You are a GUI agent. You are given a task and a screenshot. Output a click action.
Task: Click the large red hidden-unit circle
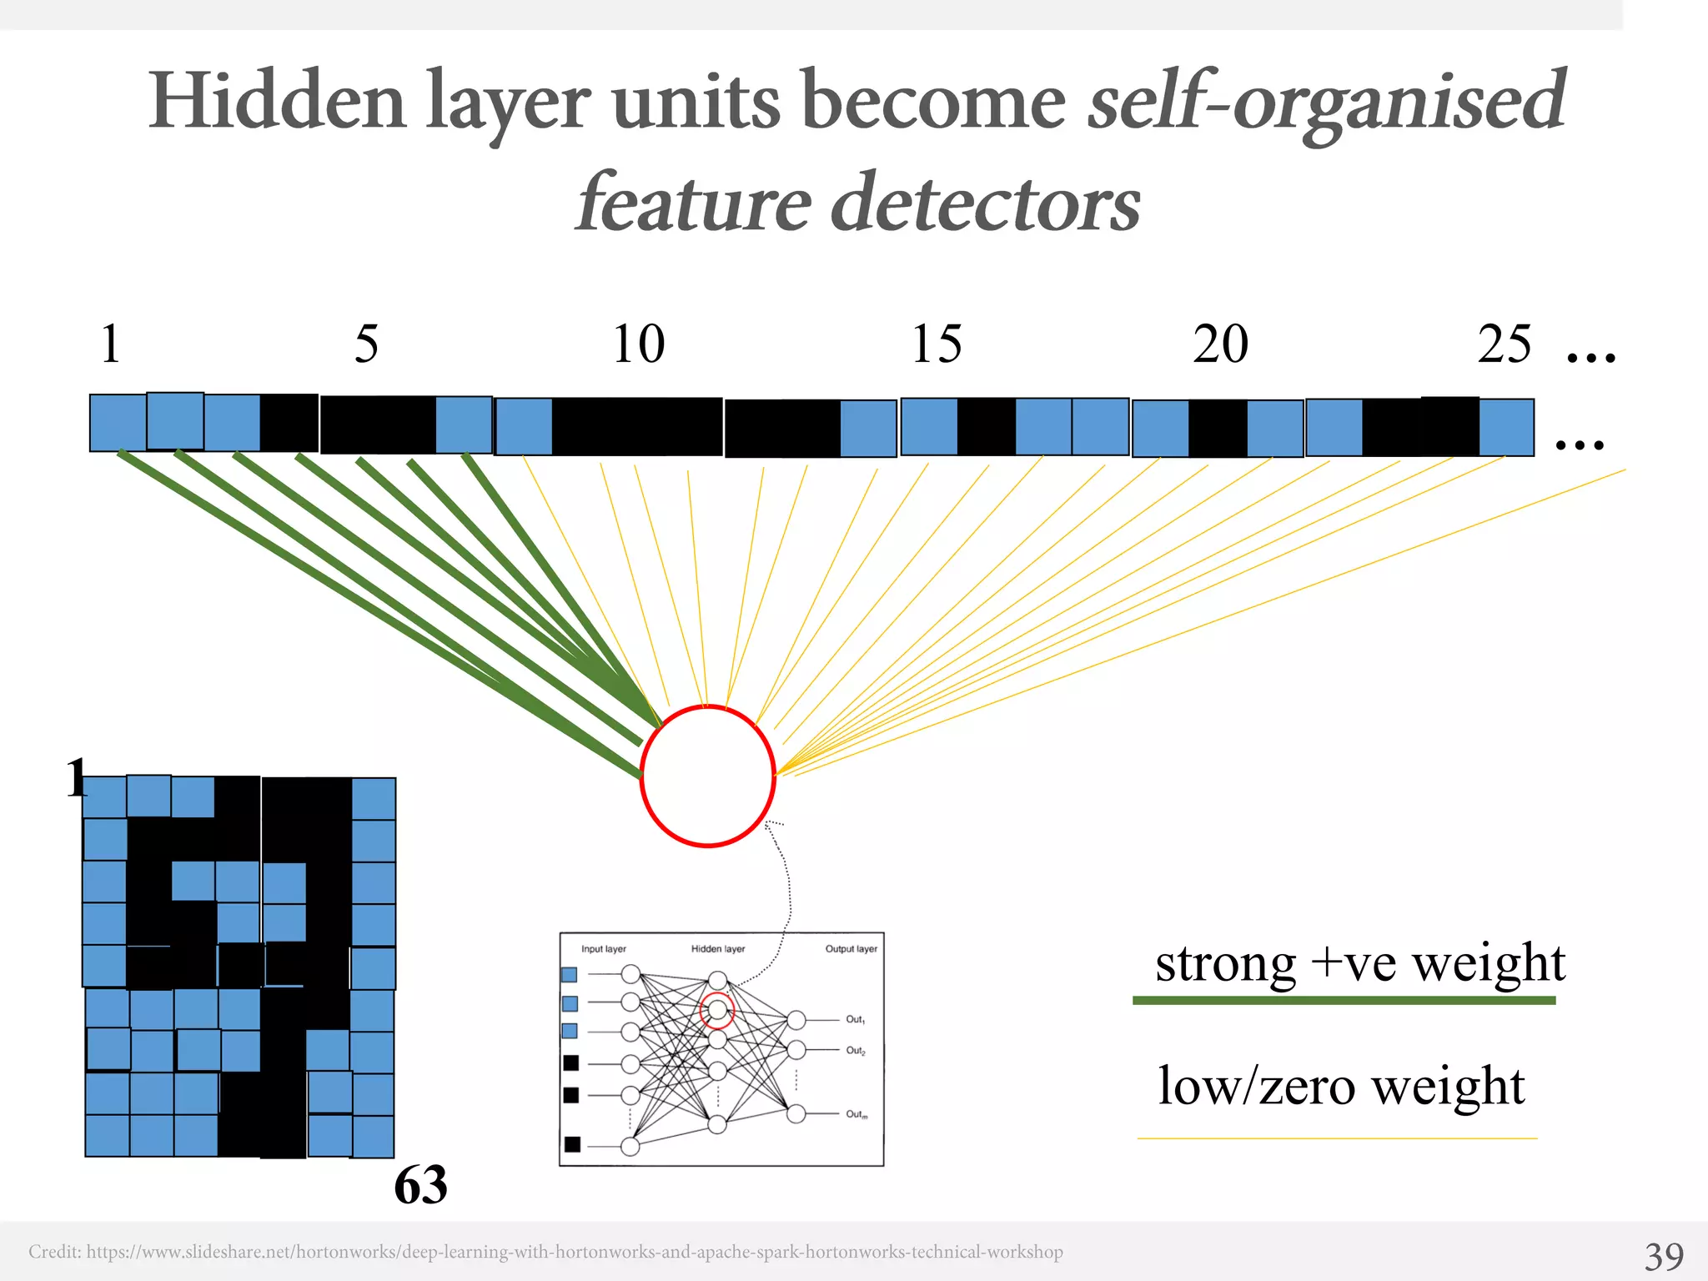(x=707, y=776)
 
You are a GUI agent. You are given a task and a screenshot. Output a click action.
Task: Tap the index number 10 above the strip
(x=639, y=344)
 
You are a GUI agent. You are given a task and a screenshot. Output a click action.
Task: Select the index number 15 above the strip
(x=937, y=344)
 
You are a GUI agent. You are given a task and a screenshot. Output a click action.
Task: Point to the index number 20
(x=1220, y=344)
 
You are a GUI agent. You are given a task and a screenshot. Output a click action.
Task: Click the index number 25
(x=1505, y=344)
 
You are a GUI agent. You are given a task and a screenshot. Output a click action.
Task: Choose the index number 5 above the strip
(x=366, y=344)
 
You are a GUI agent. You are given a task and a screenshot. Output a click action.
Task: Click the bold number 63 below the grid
(x=420, y=1184)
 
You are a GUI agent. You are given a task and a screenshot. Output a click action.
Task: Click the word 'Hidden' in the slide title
(x=277, y=102)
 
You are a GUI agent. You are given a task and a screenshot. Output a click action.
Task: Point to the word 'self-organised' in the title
(x=1326, y=102)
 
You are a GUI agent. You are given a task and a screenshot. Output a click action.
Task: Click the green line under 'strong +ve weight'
(x=1344, y=1000)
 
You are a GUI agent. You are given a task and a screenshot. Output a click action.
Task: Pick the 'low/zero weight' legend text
(x=1341, y=1086)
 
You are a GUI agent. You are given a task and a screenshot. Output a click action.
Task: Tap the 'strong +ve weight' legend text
(x=1360, y=963)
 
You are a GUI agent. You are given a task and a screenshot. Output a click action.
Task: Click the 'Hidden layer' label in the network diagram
(x=718, y=949)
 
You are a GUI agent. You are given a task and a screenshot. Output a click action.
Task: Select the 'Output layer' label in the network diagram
(x=851, y=949)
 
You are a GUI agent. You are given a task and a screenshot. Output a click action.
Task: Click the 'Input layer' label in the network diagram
(x=604, y=949)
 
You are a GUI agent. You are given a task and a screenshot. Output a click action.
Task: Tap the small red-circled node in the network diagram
(x=717, y=1011)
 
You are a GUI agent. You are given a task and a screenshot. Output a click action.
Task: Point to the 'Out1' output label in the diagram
(x=856, y=1019)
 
